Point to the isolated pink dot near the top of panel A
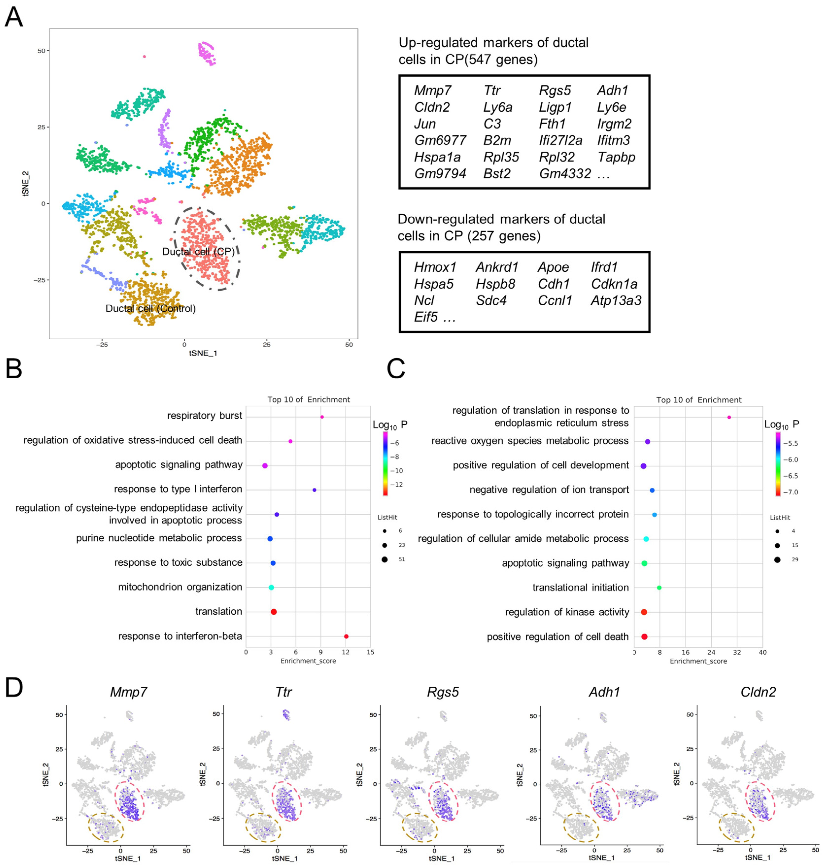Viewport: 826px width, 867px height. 144,56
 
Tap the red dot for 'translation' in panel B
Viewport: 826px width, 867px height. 274,612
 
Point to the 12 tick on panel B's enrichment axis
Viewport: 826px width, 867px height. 346,652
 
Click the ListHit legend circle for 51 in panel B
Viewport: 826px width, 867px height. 385,559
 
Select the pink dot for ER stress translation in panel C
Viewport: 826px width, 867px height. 729,417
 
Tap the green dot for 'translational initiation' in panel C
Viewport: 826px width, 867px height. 659,587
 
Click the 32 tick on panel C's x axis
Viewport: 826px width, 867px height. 737,652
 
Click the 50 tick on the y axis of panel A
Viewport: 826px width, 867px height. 41,51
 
